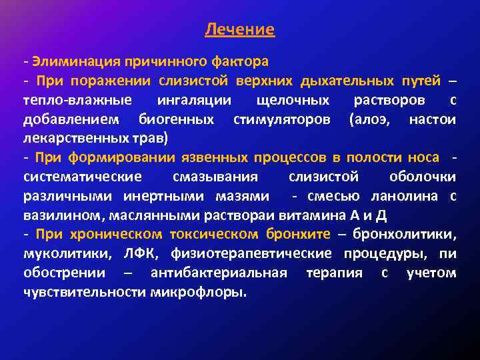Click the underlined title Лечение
pos(239,29)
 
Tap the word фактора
pos(241,62)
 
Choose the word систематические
pos(82,177)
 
